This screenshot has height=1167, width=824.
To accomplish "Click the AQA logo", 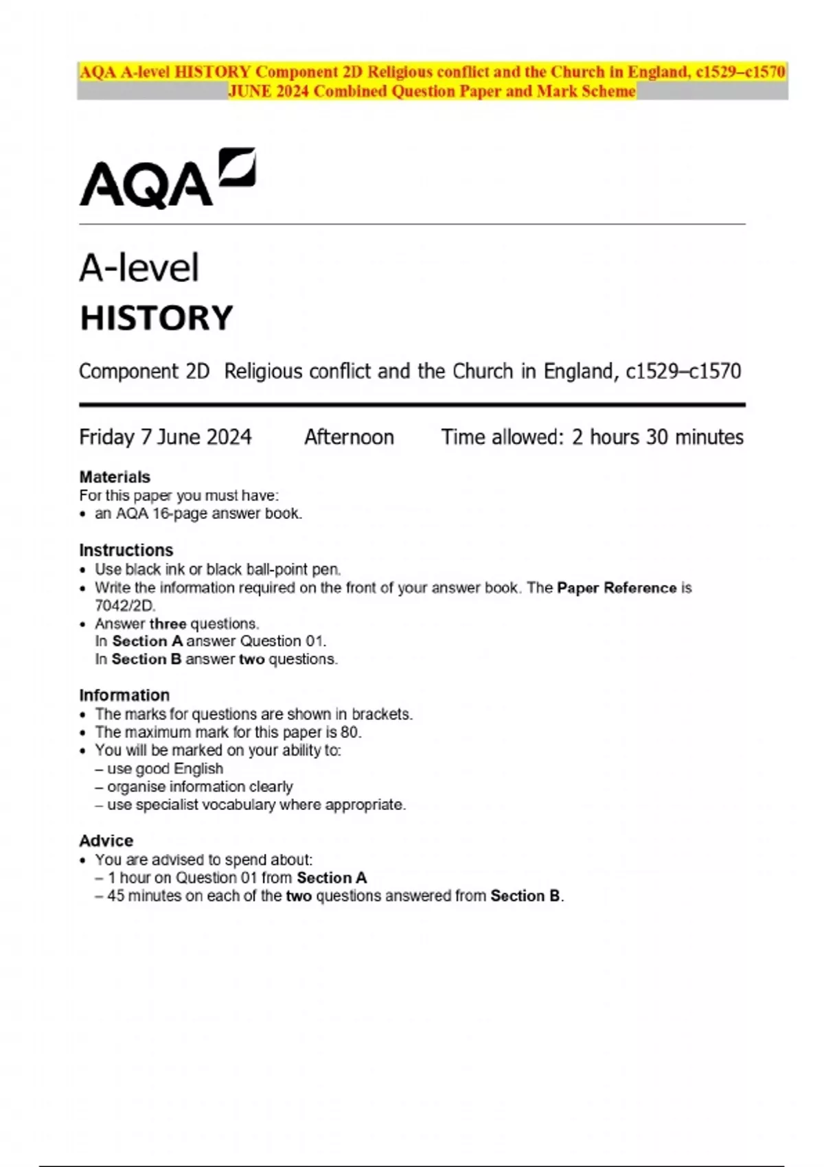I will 167,178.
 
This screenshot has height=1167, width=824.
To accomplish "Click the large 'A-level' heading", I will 139,268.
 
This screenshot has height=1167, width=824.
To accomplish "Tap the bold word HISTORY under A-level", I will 157,318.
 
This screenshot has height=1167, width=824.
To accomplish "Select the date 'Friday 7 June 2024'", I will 165,437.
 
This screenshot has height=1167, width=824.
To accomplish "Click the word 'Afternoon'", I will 349,437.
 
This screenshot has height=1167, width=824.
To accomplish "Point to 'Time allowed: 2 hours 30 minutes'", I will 592,437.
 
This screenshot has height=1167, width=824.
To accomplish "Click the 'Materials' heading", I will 115,477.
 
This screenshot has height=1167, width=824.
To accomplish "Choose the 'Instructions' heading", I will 126,551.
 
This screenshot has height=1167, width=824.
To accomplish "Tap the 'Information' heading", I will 124,695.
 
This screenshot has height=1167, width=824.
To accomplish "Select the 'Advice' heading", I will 106,841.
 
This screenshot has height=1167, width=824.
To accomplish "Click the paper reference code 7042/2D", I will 125,605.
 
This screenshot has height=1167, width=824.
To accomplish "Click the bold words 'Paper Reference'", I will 617,588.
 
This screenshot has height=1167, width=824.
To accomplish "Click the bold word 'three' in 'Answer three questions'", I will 168,624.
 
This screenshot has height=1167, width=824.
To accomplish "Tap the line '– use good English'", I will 159,769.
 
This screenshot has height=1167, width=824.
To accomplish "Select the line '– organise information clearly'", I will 194,787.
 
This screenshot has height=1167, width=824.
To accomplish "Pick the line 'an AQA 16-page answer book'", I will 198,513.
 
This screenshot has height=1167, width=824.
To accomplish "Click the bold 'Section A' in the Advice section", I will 332,878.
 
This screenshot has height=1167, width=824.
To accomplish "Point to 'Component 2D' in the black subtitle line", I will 144,371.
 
